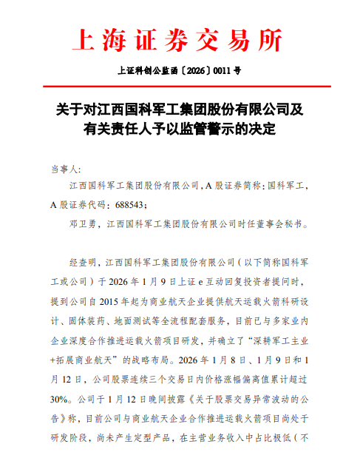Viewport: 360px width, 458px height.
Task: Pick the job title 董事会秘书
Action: coord(285,222)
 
